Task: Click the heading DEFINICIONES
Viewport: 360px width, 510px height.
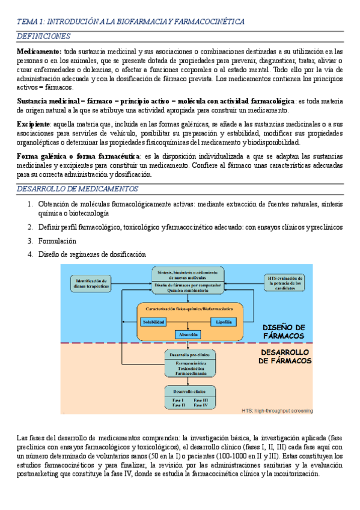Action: click(x=43, y=37)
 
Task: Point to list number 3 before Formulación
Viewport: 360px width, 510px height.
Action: click(x=30, y=241)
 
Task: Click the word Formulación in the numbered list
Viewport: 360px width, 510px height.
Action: click(x=57, y=241)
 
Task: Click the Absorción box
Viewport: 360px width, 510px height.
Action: click(x=188, y=334)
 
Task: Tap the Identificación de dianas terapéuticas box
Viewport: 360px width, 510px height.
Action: click(x=92, y=283)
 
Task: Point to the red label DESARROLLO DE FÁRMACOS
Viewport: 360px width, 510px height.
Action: click(x=285, y=356)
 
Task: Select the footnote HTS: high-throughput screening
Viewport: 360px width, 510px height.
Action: click(x=276, y=411)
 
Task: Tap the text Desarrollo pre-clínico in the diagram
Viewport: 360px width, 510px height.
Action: click(x=188, y=355)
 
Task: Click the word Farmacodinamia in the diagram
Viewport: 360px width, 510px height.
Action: click(x=188, y=374)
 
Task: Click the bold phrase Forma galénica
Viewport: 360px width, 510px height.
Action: click(x=43, y=156)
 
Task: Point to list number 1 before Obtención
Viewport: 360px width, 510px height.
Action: click(x=30, y=203)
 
